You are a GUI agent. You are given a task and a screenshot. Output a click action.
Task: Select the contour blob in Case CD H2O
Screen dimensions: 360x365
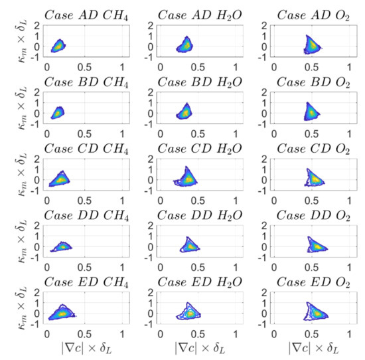pos(187,178)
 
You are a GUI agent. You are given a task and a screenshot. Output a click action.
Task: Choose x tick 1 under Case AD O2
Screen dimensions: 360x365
pos(355,67)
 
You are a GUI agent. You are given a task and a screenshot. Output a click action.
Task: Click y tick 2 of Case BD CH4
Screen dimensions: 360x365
pos(38,94)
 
